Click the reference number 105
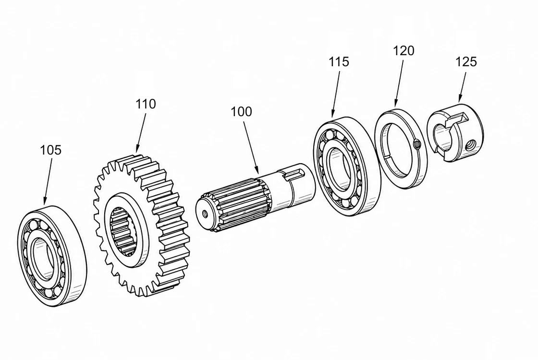(x=51, y=150)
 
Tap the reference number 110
(x=146, y=104)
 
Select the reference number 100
(x=241, y=112)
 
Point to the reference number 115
(x=339, y=62)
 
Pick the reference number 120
(x=403, y=51)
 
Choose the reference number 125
(x=466, y=62)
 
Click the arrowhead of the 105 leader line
(x=45, y=201)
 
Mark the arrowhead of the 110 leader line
(x=137, y=149)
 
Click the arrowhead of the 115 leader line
(x=332, y=113)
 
